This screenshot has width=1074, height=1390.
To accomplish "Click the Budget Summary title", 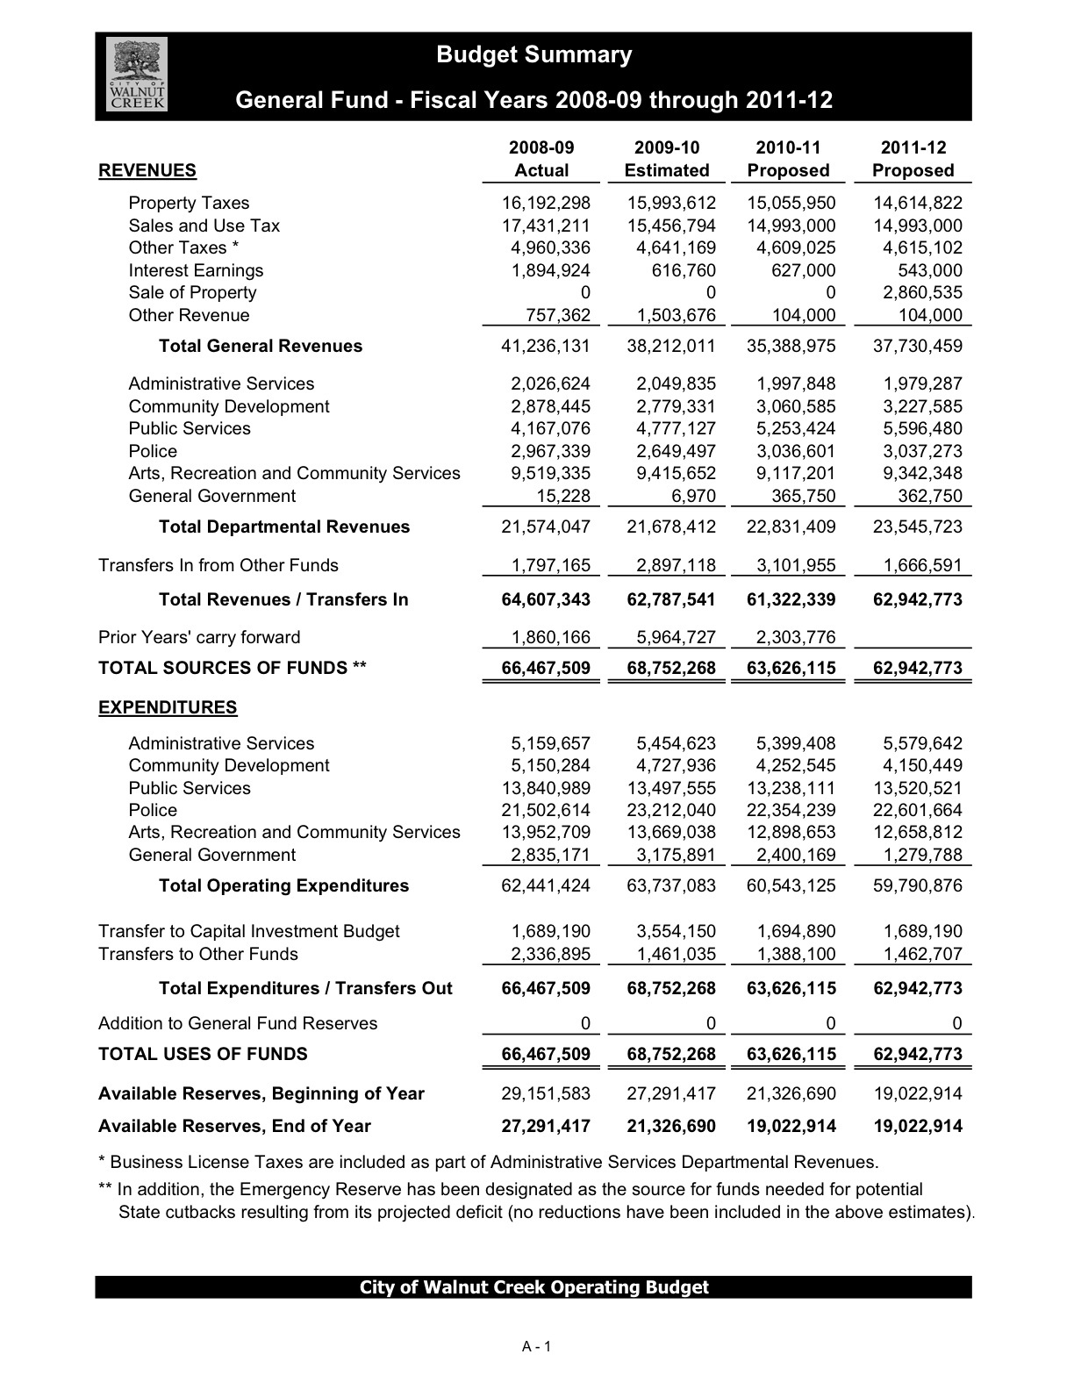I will click(x=533, y=54).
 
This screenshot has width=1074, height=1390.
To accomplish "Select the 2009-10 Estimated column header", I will click(x=667, y=160).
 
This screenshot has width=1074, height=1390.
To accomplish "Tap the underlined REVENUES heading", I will click(x=147, y=170).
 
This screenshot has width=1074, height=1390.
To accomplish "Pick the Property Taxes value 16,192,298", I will click(x=545, y=203).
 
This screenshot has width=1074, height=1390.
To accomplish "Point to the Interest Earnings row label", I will click(x=196, y=270).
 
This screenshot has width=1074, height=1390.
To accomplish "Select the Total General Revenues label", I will click(x=260, y=346).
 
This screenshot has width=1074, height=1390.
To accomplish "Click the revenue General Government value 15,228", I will click(x=562, y=497).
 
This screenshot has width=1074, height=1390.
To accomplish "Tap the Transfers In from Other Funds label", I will click(x=218, y=566).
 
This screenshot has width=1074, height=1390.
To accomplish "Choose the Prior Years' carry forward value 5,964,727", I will click(x=671, y=638).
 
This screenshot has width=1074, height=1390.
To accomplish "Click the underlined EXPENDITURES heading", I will click(x=168, y=707).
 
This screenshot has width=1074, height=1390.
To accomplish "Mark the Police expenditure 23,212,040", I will click(x=671, y=811).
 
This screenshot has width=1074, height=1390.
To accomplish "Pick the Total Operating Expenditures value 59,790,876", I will click(x=917, y=886).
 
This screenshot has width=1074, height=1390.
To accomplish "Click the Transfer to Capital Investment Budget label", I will click(x=249, y=932).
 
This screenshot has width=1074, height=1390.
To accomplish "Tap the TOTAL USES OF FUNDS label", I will click(x=203, y=1055).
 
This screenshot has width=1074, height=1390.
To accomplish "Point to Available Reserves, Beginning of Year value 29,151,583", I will click(x=545, y=1094).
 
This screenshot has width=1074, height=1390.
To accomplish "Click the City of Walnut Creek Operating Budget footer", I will click(x=533, y=1287).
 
